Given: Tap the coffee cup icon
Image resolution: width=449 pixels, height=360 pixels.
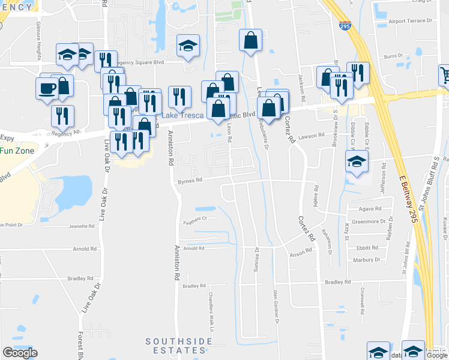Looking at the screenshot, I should [47, 89].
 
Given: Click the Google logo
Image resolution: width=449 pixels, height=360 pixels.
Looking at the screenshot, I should [20, 353].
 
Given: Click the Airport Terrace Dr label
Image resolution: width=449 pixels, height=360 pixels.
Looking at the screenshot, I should [411, 21].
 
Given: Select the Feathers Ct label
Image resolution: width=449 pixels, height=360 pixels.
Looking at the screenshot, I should [195, 218].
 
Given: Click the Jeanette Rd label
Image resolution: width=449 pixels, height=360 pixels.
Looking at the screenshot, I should [83, 226].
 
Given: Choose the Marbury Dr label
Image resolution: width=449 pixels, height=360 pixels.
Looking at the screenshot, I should [367, 260].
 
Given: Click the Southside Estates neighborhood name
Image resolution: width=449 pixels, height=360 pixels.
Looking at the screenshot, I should [179, 346].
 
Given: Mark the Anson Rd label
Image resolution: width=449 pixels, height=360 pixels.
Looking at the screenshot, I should [301, 254].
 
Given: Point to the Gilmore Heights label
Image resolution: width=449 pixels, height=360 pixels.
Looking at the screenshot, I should [38, 40].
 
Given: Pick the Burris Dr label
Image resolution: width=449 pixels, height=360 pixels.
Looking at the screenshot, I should [394, 56].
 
